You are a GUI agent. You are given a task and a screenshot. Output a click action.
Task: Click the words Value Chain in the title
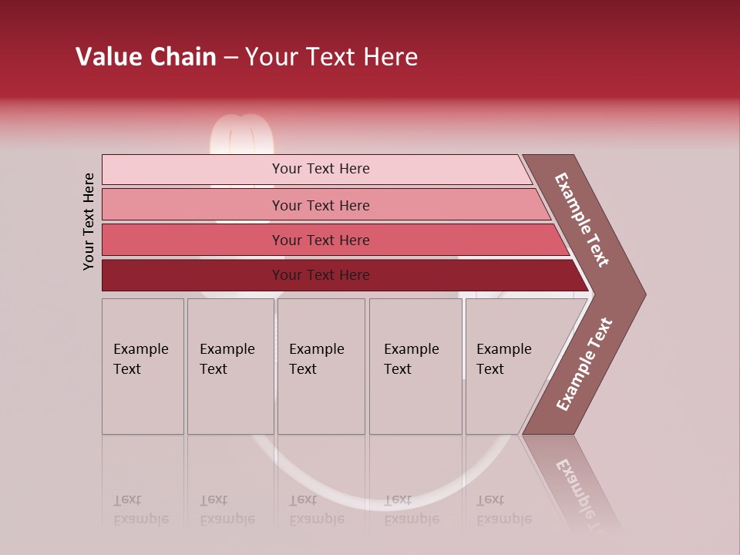(x=146, y=57)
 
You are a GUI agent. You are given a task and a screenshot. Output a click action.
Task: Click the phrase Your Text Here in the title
(x=331, y=57)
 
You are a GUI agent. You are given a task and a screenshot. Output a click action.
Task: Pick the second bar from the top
(x=320, y=205)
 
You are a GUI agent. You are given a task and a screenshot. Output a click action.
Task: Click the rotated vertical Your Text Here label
(x=89, y=221)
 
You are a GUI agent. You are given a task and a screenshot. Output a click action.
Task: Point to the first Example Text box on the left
(x=143, y=366)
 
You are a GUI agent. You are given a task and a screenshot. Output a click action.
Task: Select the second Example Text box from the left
(x=230, y=366)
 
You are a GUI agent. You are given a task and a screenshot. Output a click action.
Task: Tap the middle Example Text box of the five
(x=321, y=366)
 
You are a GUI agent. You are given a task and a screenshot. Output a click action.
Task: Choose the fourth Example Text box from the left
(x=415, y=366)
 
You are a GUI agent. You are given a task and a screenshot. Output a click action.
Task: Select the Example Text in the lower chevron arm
(x=584, y=364)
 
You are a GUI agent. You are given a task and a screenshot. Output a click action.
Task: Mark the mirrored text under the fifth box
(x=503, y=510)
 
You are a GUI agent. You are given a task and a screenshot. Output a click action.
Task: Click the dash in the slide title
(x=230, y=58)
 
